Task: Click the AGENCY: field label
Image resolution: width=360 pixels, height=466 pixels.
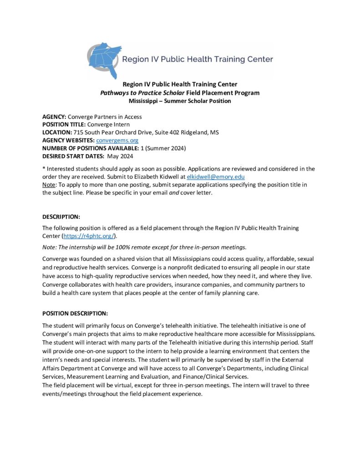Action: click(54, 117)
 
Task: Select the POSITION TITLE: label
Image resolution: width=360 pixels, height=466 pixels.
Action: click(63, 125)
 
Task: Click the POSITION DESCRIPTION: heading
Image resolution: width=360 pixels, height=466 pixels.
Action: click(75, 314)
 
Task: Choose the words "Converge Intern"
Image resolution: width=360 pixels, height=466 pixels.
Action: click(108, 125)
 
